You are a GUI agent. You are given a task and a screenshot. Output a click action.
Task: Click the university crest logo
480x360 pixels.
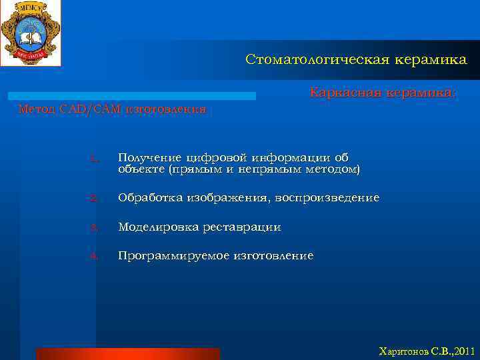30,32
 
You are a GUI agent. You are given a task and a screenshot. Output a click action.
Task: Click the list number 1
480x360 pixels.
94,158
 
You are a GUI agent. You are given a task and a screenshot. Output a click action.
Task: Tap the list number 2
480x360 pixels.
93,198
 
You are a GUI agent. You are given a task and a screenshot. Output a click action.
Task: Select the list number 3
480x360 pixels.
93,227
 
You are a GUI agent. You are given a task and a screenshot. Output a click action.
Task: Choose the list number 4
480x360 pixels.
93,256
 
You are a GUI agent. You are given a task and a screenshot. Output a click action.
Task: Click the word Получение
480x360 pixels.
149,157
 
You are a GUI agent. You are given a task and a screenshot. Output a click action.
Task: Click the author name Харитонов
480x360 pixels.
402,351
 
